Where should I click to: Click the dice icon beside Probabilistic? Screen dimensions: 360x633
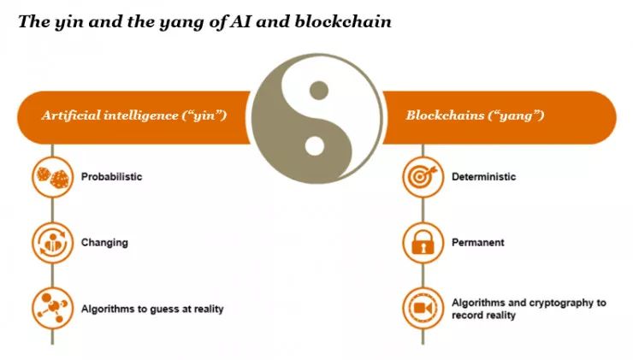(x=51, y=177)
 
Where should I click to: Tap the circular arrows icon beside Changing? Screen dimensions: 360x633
(x=51, y=242)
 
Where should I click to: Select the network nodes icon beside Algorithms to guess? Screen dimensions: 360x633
(x=51, y=309)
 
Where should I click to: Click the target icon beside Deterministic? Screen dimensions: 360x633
(x=423, y=177)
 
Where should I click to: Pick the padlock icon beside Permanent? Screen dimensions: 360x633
(x=423, y=243)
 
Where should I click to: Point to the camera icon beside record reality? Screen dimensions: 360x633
(x=423, y=309)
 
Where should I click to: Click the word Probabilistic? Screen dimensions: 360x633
(x=111, y=177)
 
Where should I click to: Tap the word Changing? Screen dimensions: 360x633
(x=104, y=242)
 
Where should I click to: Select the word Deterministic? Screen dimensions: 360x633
(x=483, y=177)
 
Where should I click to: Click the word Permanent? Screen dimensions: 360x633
(x=477, y=243)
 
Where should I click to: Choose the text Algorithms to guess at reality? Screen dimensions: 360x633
(x=151, y=309)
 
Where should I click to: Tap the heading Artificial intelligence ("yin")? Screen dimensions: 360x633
(x=133, y=115)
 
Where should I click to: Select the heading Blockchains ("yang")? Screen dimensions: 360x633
(x=476, y=115)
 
